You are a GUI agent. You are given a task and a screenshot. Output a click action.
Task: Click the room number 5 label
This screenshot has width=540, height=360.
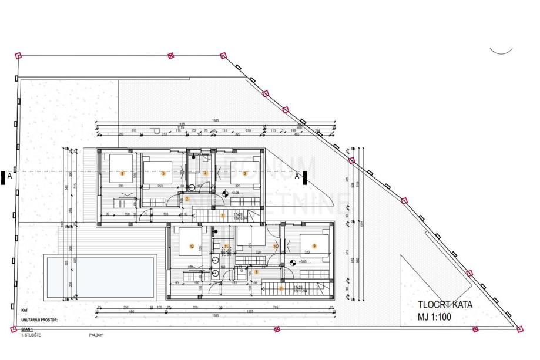(x=163, y=174)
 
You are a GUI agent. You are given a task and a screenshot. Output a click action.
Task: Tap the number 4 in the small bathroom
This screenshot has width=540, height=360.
(x=205, y=173)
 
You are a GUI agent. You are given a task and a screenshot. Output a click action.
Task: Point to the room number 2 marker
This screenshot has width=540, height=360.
(x=186, y=199)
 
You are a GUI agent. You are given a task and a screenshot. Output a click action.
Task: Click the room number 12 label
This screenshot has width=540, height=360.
(x=192, y=246)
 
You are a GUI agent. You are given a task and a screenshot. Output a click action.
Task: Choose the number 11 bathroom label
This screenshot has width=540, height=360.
(x=226, y=247)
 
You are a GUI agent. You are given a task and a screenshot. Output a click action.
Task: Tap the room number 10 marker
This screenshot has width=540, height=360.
(x=275, y=246)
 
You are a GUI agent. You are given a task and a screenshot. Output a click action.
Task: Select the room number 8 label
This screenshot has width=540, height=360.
(x=256, y=272)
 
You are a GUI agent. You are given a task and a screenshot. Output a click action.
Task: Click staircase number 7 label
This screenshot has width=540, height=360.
(x=281, y=288)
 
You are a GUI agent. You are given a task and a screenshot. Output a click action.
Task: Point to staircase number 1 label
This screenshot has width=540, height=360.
(x=222, y=216)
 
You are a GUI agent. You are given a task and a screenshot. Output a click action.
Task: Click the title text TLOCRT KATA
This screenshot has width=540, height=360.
(x=445, y=305)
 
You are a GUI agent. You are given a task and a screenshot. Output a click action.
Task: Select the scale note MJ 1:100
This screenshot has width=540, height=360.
(x=435, y=317)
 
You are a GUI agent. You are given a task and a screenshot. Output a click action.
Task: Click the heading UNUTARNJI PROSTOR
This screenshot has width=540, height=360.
(x=43, y=321)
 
